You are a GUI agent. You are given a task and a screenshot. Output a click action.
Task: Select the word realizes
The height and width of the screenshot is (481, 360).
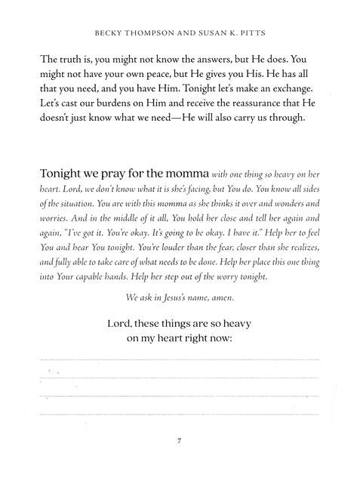tap(297, 249)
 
